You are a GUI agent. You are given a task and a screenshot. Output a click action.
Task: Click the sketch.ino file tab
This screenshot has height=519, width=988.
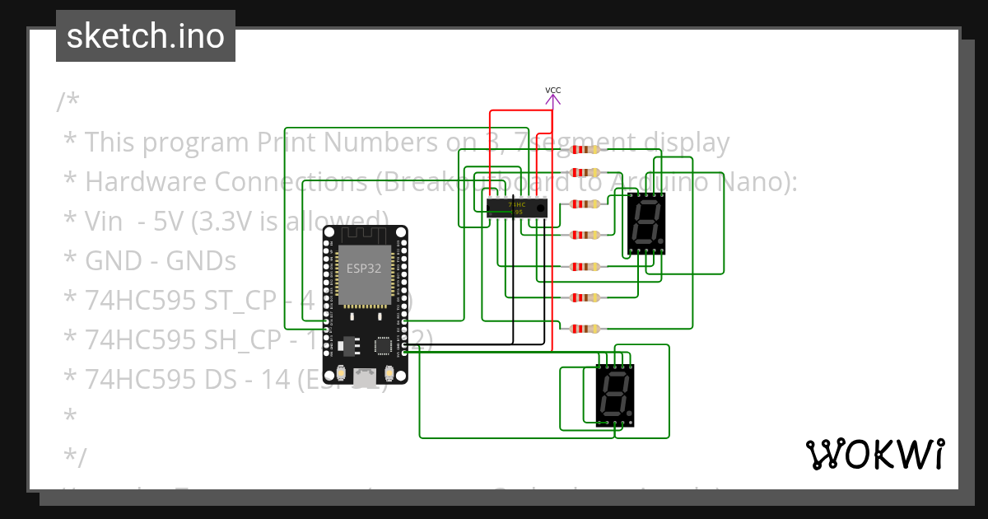tap(146, 36)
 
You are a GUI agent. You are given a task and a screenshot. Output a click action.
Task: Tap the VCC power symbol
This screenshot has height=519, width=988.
tap(553, 96)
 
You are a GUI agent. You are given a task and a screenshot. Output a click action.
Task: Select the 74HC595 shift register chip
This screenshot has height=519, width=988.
tap(516, 208)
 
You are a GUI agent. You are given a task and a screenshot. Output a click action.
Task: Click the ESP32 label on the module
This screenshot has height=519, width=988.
tap(363, 268)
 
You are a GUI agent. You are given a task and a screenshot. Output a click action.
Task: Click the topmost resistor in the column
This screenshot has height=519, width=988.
tap(585, 149)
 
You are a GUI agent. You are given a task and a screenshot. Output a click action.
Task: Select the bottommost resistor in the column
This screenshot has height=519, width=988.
tap(585, 329)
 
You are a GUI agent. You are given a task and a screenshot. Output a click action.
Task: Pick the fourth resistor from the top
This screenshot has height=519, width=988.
tap(585, 235)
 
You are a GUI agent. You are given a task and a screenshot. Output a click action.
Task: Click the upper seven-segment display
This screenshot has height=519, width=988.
tap(646, 222)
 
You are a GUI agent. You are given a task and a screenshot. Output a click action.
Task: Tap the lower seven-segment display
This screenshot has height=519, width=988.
tap(614, 395)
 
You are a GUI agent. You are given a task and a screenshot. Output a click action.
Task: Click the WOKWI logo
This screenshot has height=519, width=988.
tap(874, 454)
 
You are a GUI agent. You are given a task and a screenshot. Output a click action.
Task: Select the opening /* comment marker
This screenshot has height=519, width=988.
tap(68, 102)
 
